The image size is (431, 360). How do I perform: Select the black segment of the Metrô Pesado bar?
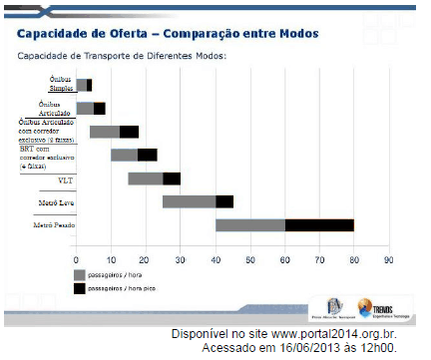319,224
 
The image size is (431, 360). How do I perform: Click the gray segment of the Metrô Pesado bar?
249,224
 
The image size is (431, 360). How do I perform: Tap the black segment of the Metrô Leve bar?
224,201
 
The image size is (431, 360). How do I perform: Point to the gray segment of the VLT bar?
145,179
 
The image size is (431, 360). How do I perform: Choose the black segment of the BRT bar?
148,155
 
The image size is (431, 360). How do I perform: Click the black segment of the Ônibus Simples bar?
90,86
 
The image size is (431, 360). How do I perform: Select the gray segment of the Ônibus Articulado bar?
85,108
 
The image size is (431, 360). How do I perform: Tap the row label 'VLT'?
64,180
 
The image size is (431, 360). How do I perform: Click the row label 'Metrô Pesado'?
54,226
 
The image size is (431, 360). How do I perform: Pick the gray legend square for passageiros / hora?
79,273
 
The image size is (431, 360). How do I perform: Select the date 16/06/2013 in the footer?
301,349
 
